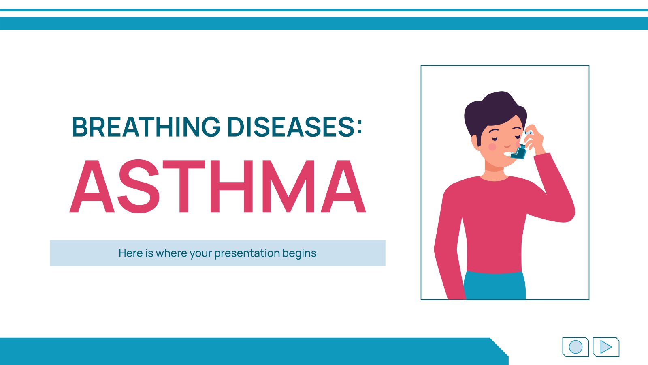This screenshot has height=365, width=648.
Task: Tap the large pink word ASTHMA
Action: pyautogui.click(x=218, y=186)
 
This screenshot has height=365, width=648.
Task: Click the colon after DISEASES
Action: pyautogui.click(x=359, y=127)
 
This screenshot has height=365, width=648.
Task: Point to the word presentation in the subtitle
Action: pyautogui.click(x=247, y=253)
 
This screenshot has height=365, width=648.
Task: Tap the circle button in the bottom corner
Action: pyautogui.click(x=576, y=347)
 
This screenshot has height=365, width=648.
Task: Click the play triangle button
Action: pyautogui.click(x=606, y=347)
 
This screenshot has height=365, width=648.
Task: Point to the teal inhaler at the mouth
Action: pyautogui.click(x=519, y=152)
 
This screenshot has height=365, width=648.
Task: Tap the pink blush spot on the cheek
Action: pyautogui.click(x=492, y=146)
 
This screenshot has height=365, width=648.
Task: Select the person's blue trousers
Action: pyautogui.click(x=495, y=286)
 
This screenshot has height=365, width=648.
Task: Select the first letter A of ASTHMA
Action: pyautogui.click(x=92, y=186)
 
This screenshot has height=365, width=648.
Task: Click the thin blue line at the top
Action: pyautogui.click(x=324, y=10)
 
